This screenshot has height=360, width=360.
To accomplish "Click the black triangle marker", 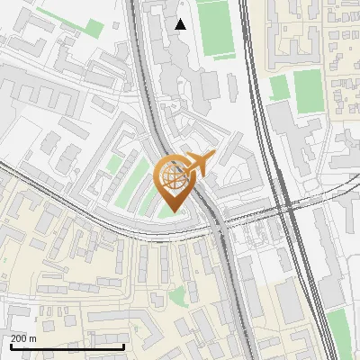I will click(x=181, y=24).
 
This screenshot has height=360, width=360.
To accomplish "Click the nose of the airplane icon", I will click(x=213, y=156).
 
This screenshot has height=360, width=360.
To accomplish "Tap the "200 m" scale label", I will click(x=24, y=338).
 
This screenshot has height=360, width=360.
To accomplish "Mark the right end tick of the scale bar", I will click(x=123, y=345).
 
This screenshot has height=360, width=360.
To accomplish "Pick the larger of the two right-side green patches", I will click(x=308, y=91).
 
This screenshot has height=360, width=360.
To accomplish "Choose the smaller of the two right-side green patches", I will click(x=279, y=86).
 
